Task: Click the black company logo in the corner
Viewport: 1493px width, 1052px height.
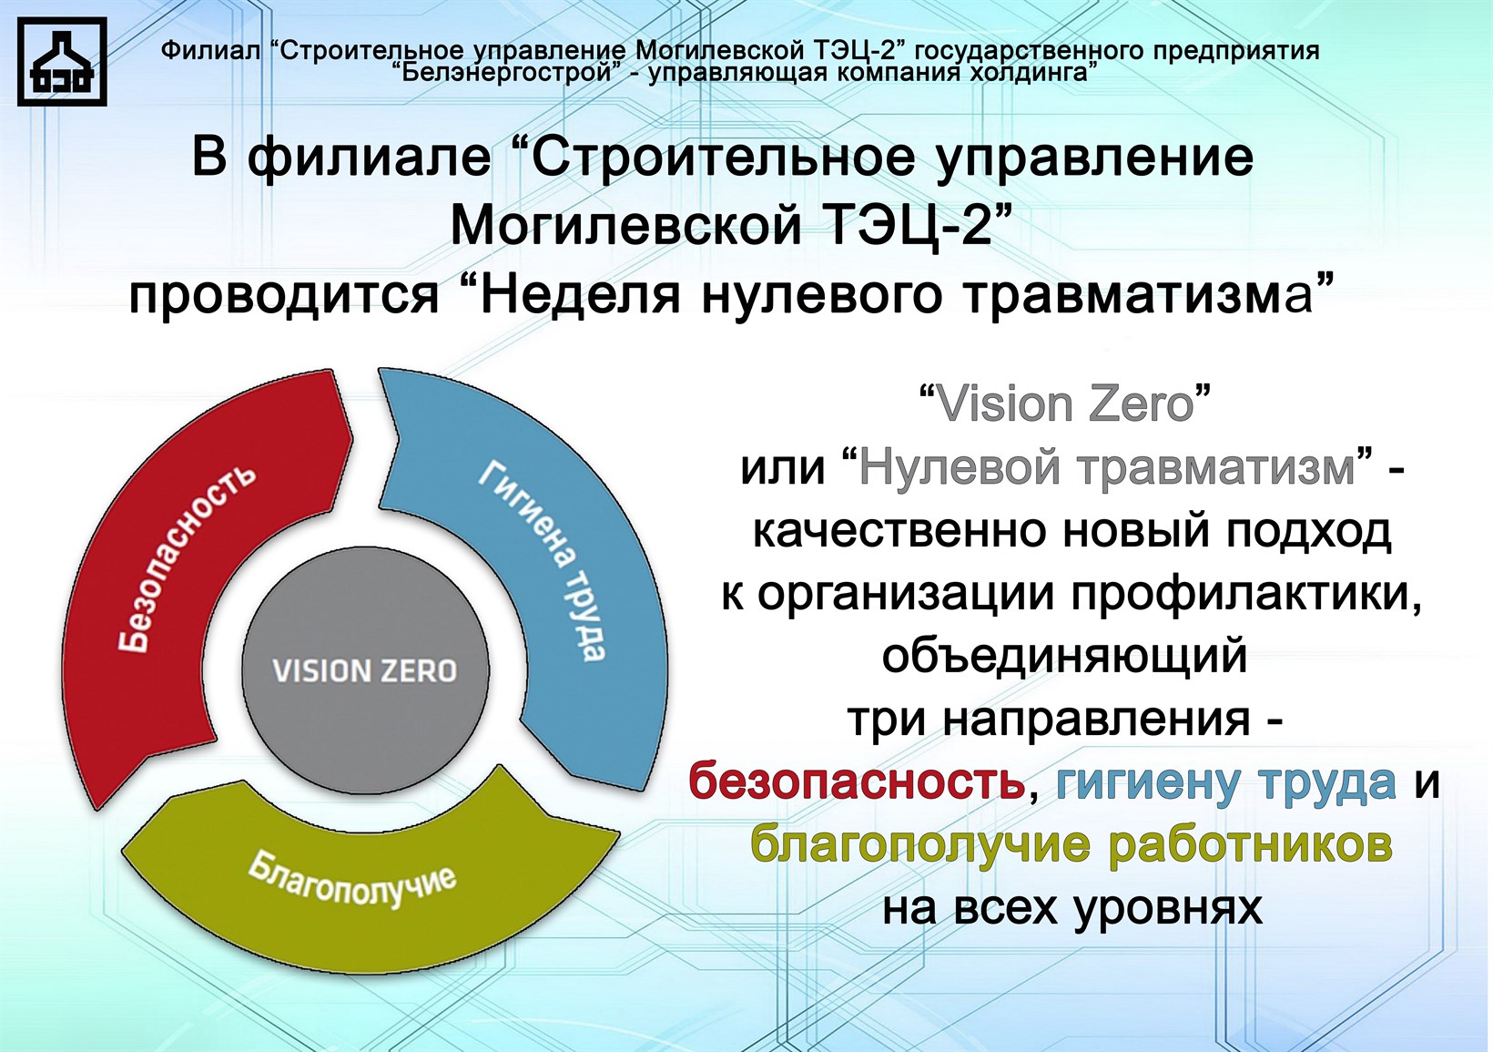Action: pos(62,61)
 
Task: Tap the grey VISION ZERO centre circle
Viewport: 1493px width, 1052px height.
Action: pos(365,671)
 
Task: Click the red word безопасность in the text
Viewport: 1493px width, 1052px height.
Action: pos(858,781)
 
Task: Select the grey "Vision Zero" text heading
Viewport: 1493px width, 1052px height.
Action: pos(1064,404)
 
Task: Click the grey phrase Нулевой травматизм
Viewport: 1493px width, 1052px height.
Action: pos(1107,467)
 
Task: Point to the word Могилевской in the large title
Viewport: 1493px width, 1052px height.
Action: pos(625,225)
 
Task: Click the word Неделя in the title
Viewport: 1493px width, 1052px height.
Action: pos(579,296)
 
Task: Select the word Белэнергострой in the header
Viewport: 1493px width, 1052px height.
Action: pos(506,72)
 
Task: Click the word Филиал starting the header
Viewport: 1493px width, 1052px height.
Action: pos(210,51)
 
